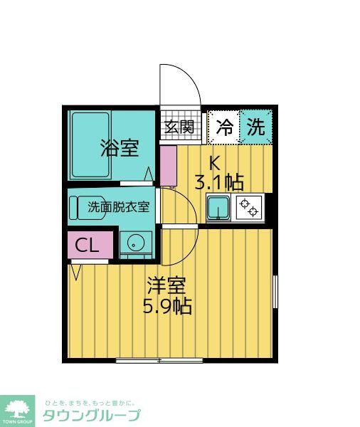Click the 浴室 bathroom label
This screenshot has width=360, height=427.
tap(119, 148)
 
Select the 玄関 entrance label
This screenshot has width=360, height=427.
tap(179, 127)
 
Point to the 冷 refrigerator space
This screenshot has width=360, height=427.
tap(223, 127)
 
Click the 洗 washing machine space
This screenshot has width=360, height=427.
tap(255, 127)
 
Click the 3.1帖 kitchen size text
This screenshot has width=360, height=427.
tap(219, 182)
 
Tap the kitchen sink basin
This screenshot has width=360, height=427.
tap(218, 208)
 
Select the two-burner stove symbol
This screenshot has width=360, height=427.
tap(250, 208)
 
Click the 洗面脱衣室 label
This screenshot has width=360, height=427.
tap(119, 208)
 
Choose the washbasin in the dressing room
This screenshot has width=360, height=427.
tap(134, 243)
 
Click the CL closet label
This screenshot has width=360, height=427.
tap(88, 246)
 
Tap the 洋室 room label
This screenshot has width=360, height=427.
tap(167, 286)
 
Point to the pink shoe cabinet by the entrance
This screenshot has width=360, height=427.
tap(168, 166)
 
